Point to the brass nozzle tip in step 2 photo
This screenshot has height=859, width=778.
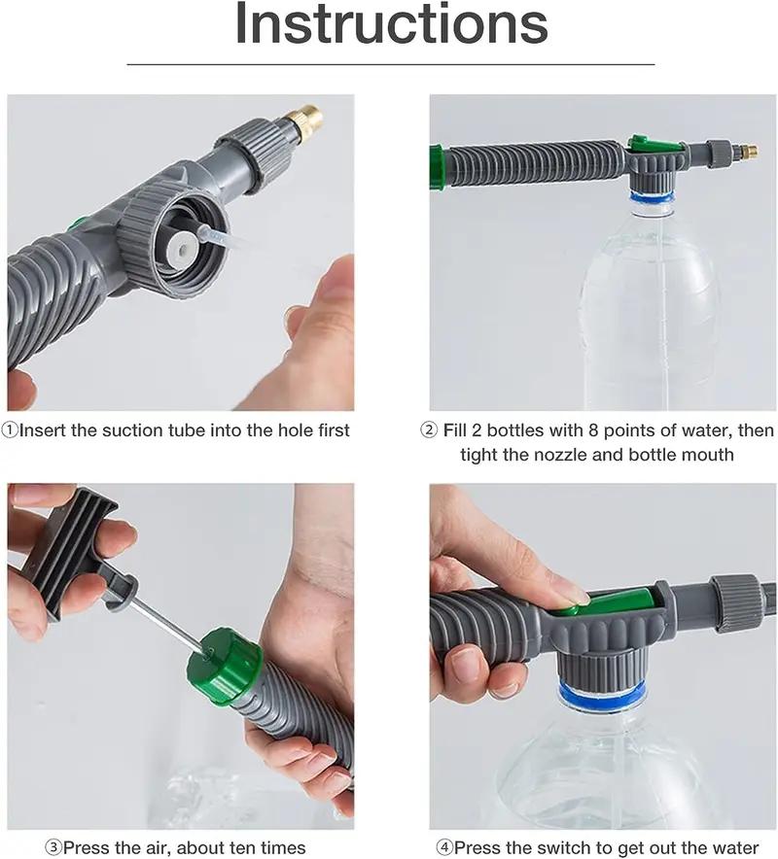(x=748, y=152)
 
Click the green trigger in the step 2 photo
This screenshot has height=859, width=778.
(x=654, y=145)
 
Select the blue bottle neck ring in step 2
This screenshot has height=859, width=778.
(x=651, y=197)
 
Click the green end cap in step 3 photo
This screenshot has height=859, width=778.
(x=225, y=667)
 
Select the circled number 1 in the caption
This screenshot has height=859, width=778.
(x=10, y=429)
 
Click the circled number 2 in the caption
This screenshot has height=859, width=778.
(x=429, y=429)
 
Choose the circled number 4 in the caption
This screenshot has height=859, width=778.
(x=443, y=847)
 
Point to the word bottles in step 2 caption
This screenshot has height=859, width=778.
(x=516, y=429)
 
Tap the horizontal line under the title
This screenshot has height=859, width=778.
(x=391, y=64)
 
